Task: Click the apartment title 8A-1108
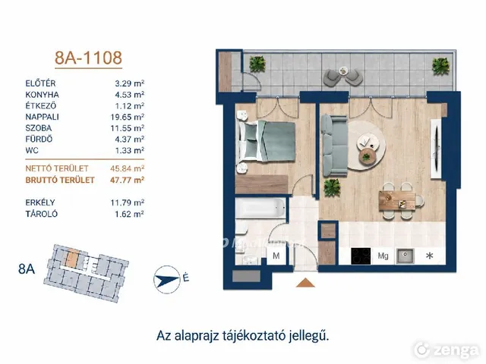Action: [x=88, y=58]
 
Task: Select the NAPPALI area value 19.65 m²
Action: [x=128, y=117]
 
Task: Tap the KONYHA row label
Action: [x=43, y=95]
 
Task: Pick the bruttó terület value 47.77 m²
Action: [x=128, y=180]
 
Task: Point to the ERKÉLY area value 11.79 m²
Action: [x=128, y=202]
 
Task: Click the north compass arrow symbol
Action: [x=167, y=280]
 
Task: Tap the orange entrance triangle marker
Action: [x=305, y=283]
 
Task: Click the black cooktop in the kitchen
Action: [x=361, y=256]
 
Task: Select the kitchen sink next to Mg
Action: [x=405, y=256]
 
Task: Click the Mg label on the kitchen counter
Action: [x=383, y=256]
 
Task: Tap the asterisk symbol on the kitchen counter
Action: [x=430, y=256]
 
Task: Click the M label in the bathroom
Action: [x=276, y=256]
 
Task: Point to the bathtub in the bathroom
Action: [x=260, y=208]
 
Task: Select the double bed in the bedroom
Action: [x=266, y=142]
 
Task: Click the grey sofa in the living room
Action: [x=334, y=146]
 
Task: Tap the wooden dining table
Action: [x=397, y=201]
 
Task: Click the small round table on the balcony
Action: [x=343, y=71]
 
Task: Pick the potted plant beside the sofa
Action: [x=332, y=187]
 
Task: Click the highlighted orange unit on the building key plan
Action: [x=72, y=258]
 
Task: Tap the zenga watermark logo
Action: [x=447, y=350]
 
